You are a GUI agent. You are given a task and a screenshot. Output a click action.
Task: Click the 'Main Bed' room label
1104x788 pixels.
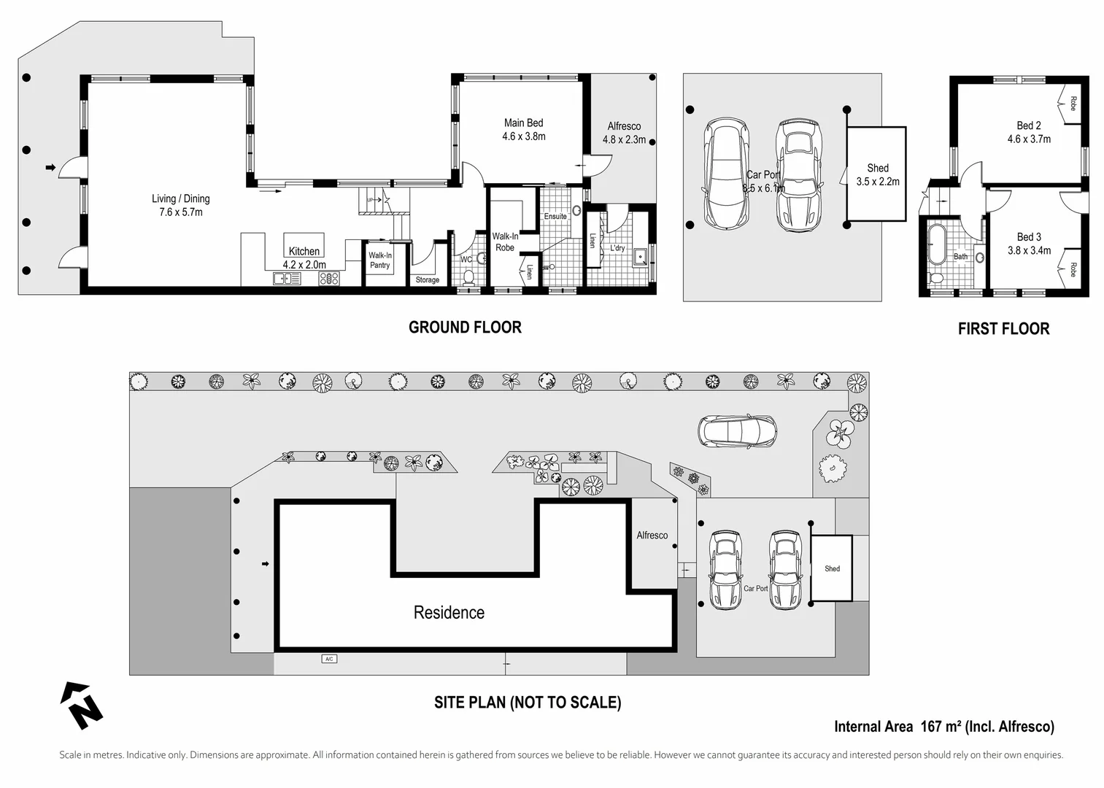click(x=523, y=123)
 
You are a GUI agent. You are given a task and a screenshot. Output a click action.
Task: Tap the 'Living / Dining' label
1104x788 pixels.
click(x=180, y=198)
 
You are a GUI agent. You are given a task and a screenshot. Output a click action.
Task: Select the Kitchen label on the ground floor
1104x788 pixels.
click(x=304, y=252)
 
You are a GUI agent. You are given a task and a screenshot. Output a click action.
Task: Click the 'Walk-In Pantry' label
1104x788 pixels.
click(x=379, y=260)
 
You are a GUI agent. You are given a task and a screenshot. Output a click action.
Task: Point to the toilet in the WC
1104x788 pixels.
click(x=469, y=277)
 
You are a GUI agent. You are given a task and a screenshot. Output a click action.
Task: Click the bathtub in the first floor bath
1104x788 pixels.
click(x=935, y=244)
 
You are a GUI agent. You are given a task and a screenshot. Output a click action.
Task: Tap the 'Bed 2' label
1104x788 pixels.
click(x=1028, y=125)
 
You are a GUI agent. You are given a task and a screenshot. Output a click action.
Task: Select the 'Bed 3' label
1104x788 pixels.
click(x=1028, y=237)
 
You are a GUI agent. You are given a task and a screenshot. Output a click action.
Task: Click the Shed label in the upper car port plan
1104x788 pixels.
click(x=877, y=169)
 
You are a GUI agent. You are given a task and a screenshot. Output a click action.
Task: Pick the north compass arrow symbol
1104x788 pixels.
click(x=81, y=705)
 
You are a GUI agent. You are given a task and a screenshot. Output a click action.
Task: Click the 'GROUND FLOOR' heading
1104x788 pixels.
click(x=465, y=328)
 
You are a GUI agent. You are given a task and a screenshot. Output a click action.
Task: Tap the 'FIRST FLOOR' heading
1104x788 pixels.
click(x=1003, y=329)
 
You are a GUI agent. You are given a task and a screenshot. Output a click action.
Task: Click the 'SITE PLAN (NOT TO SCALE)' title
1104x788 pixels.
click(x=528, y=703)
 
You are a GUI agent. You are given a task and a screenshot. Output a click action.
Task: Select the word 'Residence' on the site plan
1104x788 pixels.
click(x=449, y=613)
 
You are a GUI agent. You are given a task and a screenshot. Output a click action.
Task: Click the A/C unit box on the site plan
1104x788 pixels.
click(x=329, y=659)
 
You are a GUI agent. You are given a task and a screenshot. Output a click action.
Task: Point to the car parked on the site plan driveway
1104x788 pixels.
click(x=737, y=431)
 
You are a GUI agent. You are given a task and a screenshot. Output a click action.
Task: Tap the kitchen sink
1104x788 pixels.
click(x=287, y=278)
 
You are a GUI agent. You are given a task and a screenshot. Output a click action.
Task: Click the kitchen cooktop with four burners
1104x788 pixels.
click(x=328, y=278)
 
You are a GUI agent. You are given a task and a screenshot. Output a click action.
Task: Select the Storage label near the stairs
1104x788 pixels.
click(x=427, y=280)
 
